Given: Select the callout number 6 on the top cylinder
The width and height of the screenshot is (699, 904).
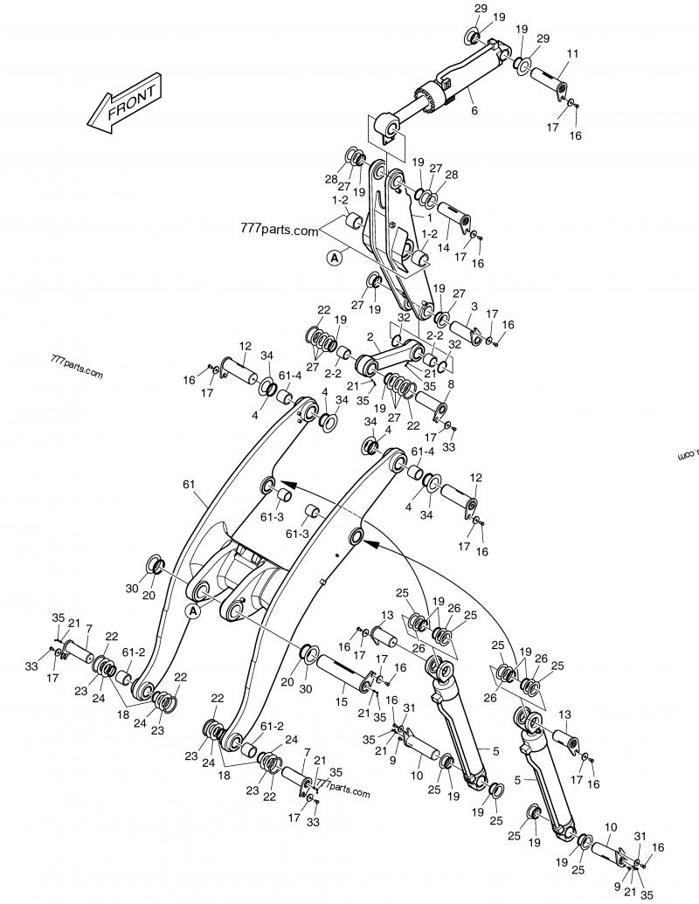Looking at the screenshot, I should coord(474,110).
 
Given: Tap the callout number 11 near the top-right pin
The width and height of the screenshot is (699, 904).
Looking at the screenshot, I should coord(572,54).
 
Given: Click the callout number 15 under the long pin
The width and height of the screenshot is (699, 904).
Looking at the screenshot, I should coord(342,700).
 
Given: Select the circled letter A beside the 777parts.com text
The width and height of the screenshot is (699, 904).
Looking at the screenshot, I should coord(334,258).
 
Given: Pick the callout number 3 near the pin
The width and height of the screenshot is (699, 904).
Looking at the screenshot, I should coord(473,307).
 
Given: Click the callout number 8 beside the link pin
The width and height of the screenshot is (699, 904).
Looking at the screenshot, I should coord(451,383).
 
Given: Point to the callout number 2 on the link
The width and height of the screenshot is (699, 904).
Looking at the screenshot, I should coord(370,336).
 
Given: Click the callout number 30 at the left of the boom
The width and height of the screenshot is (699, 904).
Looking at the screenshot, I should coord(132,589).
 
